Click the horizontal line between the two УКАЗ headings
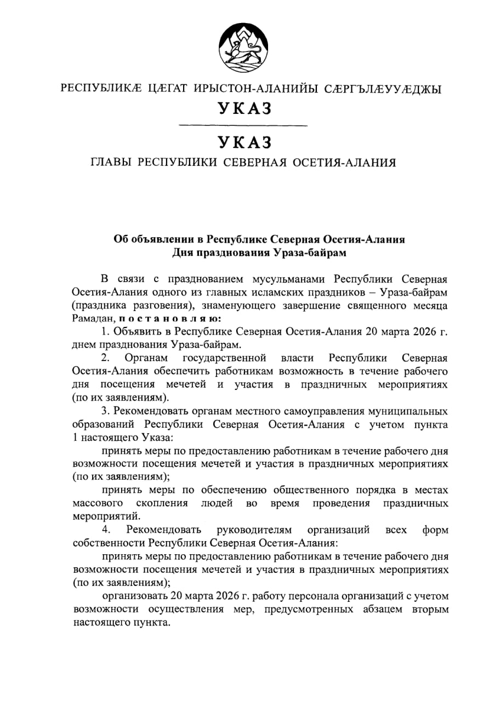[243, 127]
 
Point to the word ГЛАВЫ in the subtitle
[111, 163]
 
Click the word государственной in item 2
[225, 358]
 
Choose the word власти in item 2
[297, 358]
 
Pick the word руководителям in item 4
[254, 530]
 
